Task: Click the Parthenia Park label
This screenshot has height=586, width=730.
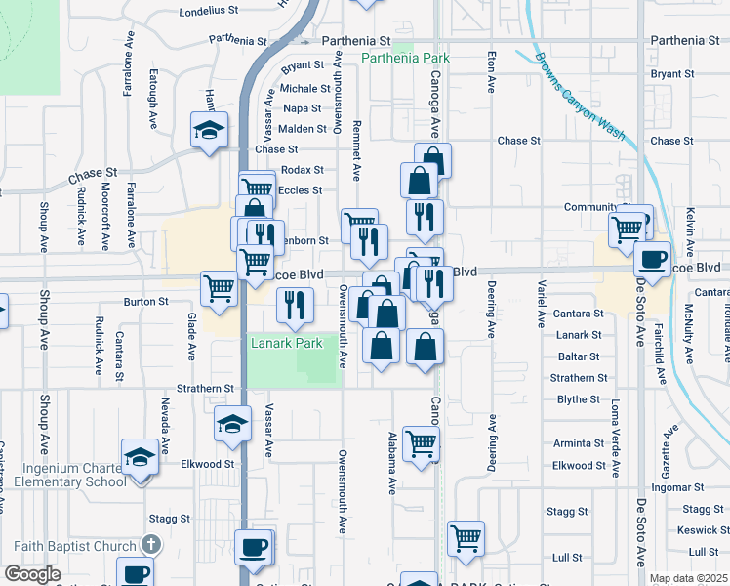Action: (x=405, y=59)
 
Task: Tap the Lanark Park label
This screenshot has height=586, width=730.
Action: (x=286, y=344)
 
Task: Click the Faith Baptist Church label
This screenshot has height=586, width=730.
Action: (x=75, y=546)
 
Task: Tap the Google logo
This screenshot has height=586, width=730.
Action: (x=32, y=574)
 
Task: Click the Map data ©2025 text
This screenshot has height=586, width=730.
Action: (x=687, y=578)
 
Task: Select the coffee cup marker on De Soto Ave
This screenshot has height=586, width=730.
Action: (x=653, y=260)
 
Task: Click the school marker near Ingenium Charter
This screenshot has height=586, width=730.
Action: (x=140, y=456)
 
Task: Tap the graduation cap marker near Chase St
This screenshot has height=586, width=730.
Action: (x=210, y=131)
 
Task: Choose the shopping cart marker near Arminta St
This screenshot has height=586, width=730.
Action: (x=421, y=443)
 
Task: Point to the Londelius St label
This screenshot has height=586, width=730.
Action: (x=209, y=11)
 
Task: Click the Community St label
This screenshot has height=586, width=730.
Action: (x=591, y=207)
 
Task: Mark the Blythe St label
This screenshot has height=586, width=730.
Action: (x=579, y=399)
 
